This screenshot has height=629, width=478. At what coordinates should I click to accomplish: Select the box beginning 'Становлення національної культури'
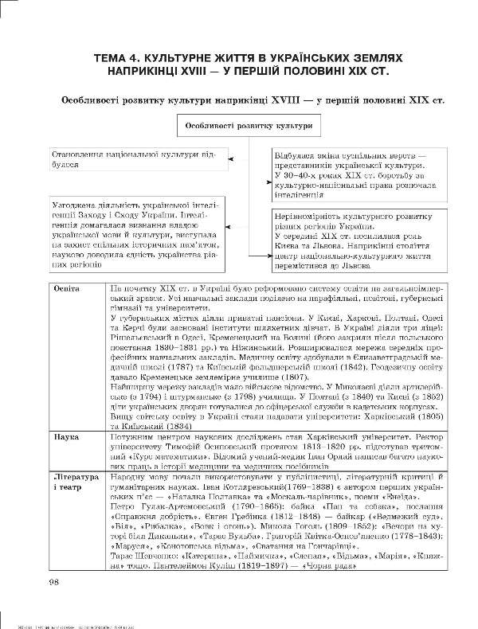pos(120,158)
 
